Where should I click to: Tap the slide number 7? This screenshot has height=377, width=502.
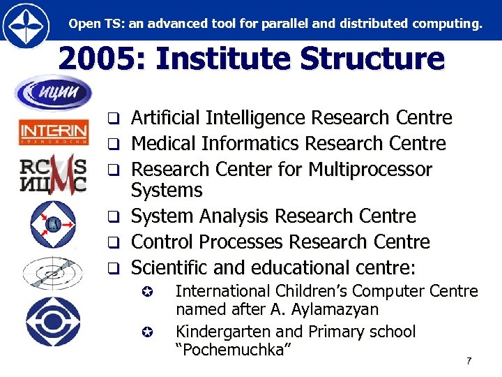[x=469, y=361]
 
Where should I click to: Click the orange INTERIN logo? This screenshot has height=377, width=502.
[x=53, y=131]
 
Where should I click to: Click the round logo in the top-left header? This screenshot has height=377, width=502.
[x=26, y=24]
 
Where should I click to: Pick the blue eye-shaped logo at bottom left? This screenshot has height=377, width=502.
[x=53, y=321]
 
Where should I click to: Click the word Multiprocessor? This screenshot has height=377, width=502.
[x=370, y=170]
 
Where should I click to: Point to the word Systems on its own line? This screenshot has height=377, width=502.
[x=167, y=190]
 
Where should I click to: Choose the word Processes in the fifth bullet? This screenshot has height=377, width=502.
[x=238, y=242]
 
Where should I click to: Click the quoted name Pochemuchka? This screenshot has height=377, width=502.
[x=233, y=350]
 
